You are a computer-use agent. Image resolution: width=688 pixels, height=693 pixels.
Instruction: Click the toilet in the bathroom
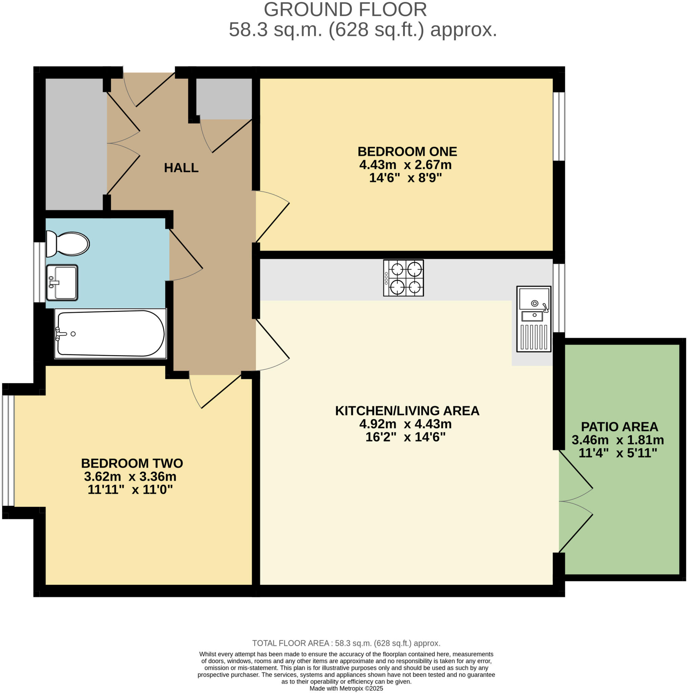pyautogui.click(x=67, y=244)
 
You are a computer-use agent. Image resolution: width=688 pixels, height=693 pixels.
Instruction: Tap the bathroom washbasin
pyautogui.click(x=62, y=283)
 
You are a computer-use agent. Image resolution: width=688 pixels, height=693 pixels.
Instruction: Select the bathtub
pyautogui.click(x=110, y=334)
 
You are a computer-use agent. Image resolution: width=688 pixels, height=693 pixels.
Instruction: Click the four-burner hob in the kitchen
pyautogui.click(x=403, y=278)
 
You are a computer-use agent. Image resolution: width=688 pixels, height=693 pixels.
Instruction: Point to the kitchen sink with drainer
pyautogui.click(x=534, y=319)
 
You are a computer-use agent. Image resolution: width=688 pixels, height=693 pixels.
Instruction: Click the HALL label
pyautogui.click(x=181, y=168)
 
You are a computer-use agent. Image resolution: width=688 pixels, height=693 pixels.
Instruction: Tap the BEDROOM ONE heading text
pyautogui.click(x=407, y=151)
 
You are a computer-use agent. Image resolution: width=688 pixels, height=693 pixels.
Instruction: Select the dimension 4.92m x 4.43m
pyautogui.click(x=405, y=424)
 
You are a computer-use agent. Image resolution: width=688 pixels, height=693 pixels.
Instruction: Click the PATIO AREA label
pyautogui.click(x=620, y=427)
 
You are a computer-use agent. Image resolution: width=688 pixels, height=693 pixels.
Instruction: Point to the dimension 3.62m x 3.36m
pyautogui.click(x=130, y=477)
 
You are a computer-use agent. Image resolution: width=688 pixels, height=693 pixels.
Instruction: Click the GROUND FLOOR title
pyautogui.click(x=345, y=10)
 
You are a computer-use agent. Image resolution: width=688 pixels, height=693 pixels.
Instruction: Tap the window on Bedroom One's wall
pyautogui.click(x=559, y=127)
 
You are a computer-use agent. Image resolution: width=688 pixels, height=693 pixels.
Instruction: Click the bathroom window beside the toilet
pyautogui.click(x=40, y=272)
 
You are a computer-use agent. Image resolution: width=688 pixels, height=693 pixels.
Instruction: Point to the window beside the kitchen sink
pyautogui.click(x=559, y=298)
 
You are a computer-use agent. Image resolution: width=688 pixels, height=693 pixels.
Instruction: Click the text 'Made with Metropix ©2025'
pyautogui.click(x=346, y=688)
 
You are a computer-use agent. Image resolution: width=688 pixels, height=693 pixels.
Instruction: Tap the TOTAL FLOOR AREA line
pyautogui.click(x=346, y=643)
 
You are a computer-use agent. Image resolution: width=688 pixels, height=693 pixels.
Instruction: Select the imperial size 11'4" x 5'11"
pyautogui.click(x=618, y=453)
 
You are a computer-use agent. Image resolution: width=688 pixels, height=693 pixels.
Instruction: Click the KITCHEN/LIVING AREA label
pyautogui.click(x=407, y=411)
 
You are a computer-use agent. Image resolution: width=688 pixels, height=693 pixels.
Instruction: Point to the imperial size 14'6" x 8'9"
pyautogui.click(x=405, y=178)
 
